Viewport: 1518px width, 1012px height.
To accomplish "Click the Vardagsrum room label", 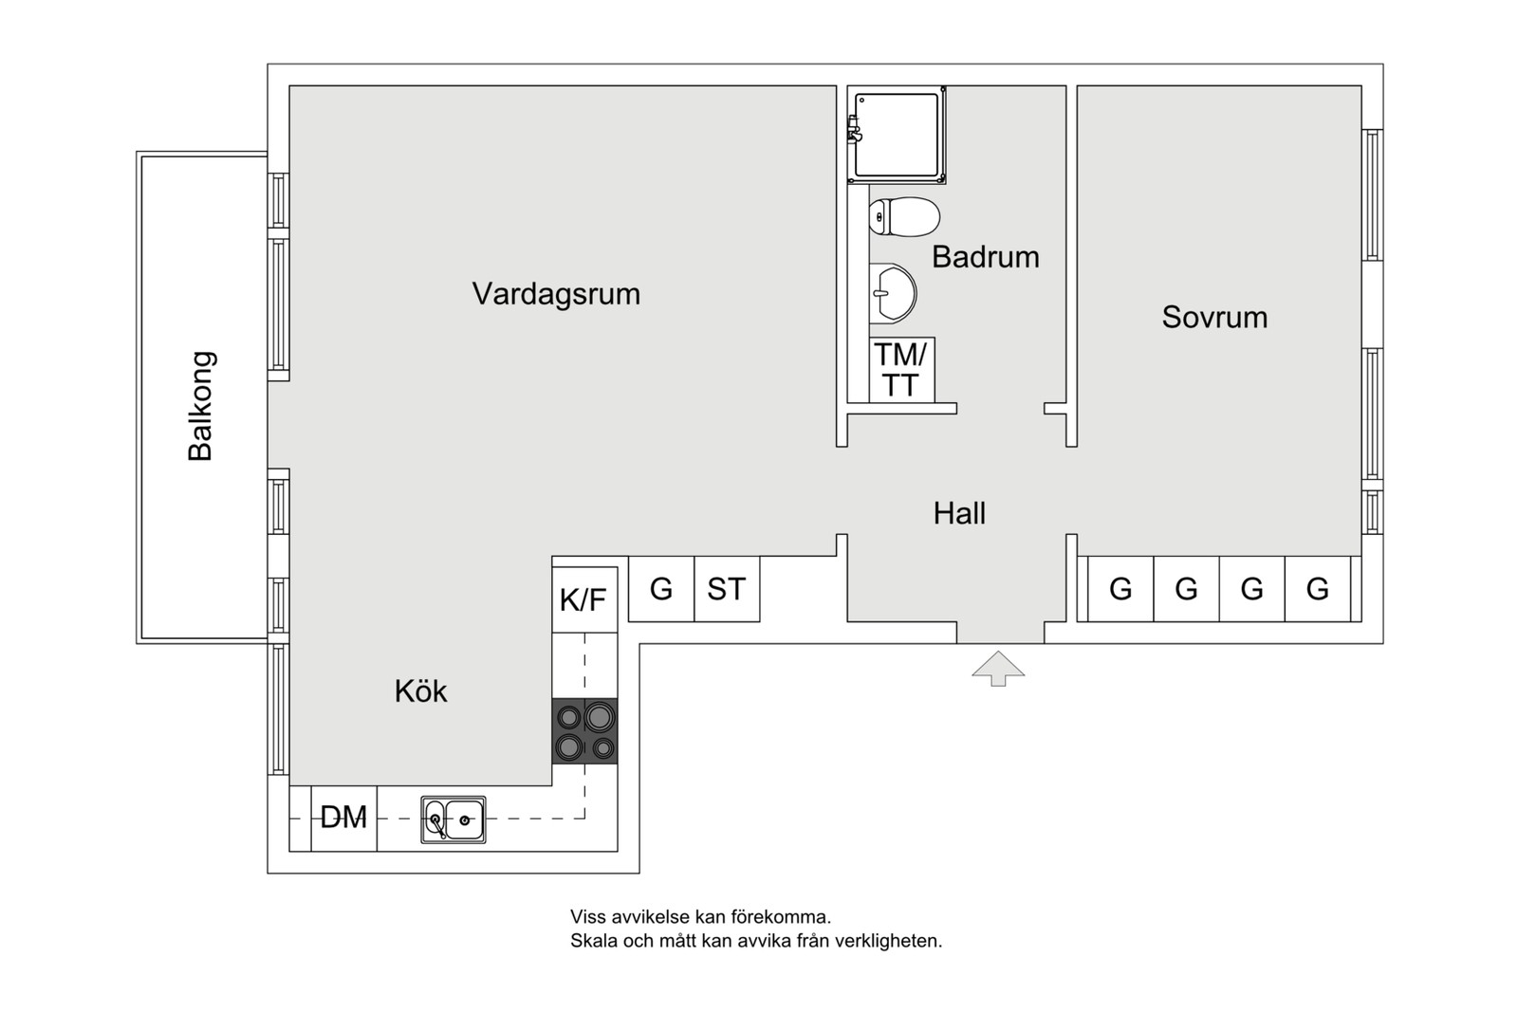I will pyautogui.click(x=556, y=294).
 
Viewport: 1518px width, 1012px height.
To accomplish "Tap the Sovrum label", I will pyautogui.click(x=1214, y=317).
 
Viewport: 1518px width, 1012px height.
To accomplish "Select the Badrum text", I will pyautogui.click(x=985, y=257).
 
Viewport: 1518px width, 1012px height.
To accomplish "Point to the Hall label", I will pyautogui.click(x=959, y=513).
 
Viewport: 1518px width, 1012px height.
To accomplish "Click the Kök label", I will pyautogui.click(x=420, y=691).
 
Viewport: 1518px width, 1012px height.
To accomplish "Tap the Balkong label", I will pyautogui.click(x=201, y=406).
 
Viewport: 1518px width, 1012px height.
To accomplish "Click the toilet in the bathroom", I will pyautogui.click(x=904, y=216).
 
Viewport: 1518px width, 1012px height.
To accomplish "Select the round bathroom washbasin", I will pyautogui.click(x=893, y=291).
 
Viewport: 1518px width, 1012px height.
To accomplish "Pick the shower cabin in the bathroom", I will pyautogui.click(x=897, y=135).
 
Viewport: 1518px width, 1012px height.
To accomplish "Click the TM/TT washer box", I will pyautogui.click(x=901, y=370).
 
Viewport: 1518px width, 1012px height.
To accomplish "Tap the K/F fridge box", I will pyautogui.click(x=583, y=599).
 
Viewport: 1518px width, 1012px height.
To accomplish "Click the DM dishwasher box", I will pyautogui.click(x=343, y=818).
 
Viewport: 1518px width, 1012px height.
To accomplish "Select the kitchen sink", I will pyautogui.click(x=454, y=819).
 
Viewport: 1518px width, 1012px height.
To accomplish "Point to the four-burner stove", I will pyautogui.click(x=584, y=731).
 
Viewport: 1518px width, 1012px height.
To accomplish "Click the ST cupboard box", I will pyautogui.click(x=727, y=589).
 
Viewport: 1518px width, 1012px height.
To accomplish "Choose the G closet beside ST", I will pyautogui.click(x=661, y=589).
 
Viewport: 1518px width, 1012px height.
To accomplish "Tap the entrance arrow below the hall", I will pyautogui.click(x=998, y=668).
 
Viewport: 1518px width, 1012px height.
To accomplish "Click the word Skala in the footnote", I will pyautogui.click(x=591, y=942).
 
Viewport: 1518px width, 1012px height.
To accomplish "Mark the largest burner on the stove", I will pyautogui.click(x=599, y=716).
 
